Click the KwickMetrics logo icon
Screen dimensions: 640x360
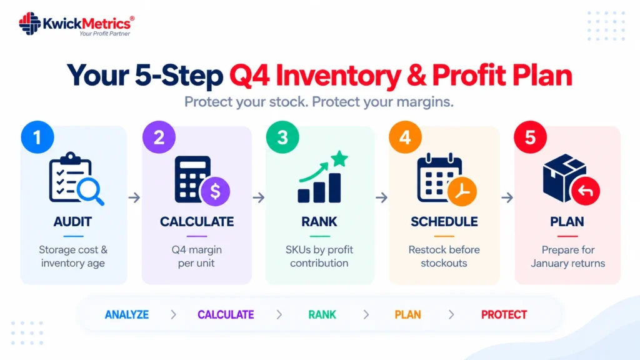click(30, 23)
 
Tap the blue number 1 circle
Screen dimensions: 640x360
click(37, 137)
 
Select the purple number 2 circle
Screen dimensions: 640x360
click(159, 137)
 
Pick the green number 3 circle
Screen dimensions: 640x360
click(282, 137)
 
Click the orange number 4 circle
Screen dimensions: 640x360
click(405, 137)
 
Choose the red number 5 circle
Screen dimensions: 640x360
click(530, 137)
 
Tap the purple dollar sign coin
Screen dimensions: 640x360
click(215, 191)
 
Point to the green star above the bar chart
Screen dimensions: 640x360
click(339, 158)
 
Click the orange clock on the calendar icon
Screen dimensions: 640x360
click(462, 191)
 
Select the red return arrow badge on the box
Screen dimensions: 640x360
click(585, 191)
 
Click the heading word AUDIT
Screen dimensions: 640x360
click(72, 222)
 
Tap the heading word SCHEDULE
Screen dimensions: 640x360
click(444, 222)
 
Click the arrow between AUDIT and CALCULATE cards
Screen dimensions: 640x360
click(134, 197)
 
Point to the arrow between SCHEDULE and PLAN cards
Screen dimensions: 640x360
click(507, 197)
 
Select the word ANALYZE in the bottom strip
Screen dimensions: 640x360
click(127, 315)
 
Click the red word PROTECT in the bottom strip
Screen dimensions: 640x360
click(504, 315)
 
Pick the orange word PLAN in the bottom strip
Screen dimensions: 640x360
click(407, 315)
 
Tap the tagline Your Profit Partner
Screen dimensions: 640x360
click(105, 34)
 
